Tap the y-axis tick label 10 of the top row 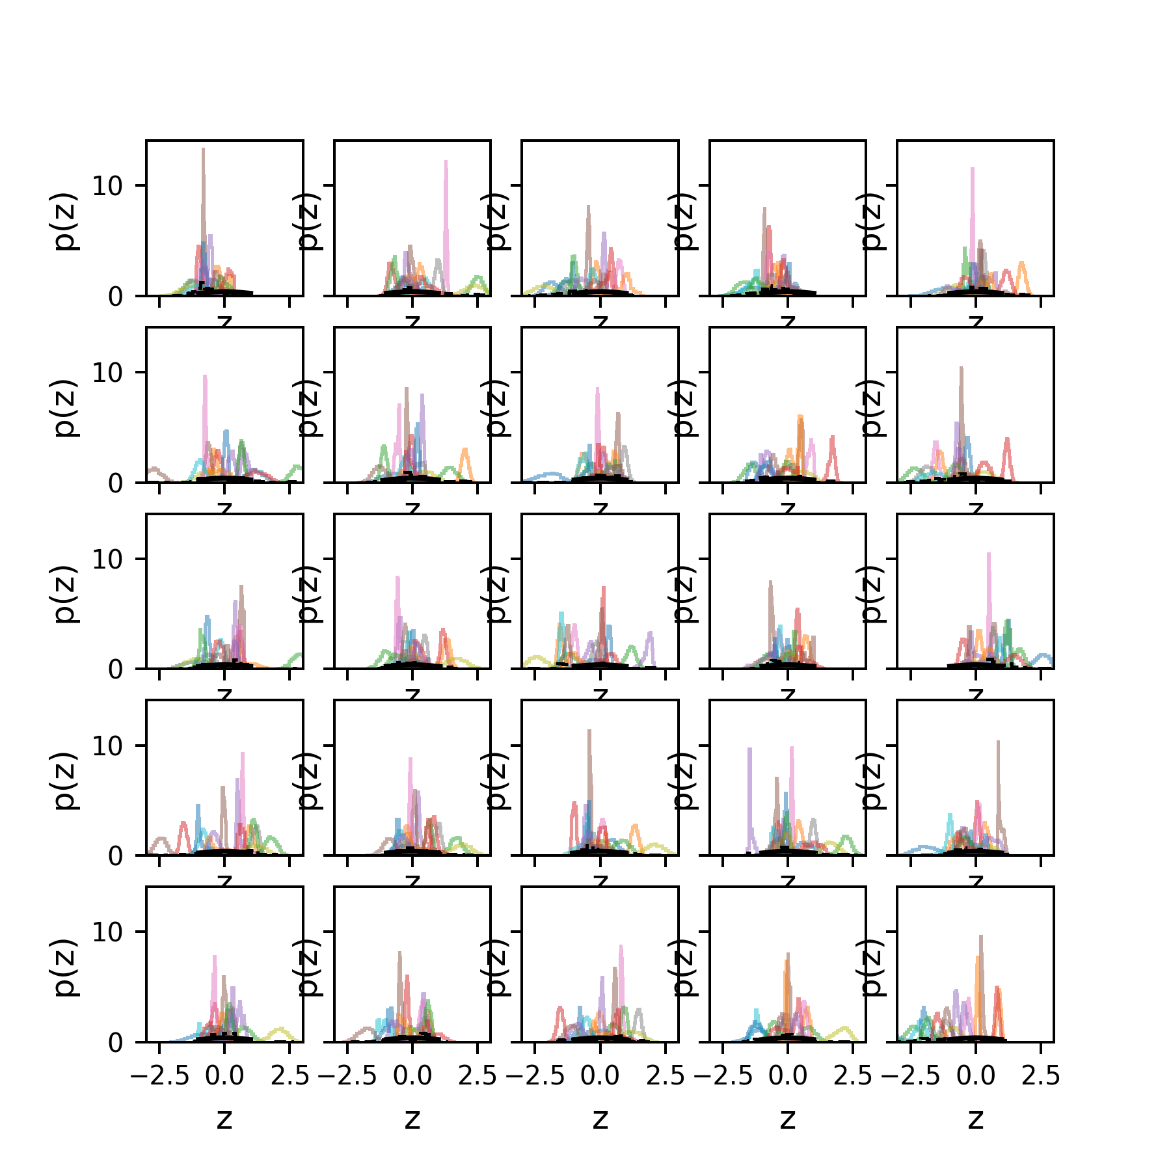pyautogui.click(x=107, y=187)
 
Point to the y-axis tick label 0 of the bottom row pyautogui.click(x=115, y=1043)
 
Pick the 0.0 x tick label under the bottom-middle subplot pyautogui.click(x=600, y=1077)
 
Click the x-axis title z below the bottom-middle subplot pyautogui.click(x=600, y=1119)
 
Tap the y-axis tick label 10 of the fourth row pyautogui.click(x=107, y=746)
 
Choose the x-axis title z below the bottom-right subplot pyautogui.click(x=975, y=1119)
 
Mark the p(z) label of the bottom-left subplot pyautogui.click(x=65, y=968)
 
